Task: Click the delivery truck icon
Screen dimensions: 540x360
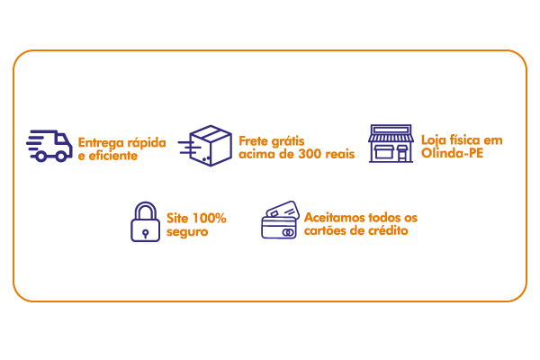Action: [49, 146]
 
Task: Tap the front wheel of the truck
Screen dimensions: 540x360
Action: [61, 157]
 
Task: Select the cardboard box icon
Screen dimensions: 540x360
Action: [205, 146]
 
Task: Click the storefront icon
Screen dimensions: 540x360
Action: [391, 143]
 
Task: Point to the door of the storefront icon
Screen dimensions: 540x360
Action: [402, 154]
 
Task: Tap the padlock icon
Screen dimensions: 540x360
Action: [145, 222]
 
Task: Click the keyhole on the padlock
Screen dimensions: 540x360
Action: [145, 234]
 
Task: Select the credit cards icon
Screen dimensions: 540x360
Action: [280, 220]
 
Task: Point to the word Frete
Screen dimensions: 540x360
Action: [253, 141]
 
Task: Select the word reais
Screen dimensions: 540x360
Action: [340, 154]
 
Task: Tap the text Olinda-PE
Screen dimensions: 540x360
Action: [452, 153]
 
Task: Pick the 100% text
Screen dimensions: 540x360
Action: [209, 218]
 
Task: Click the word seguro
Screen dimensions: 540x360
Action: [187, 231]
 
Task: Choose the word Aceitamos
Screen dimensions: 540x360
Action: [334, 218]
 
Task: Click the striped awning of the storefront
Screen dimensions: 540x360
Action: [391, 138]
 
